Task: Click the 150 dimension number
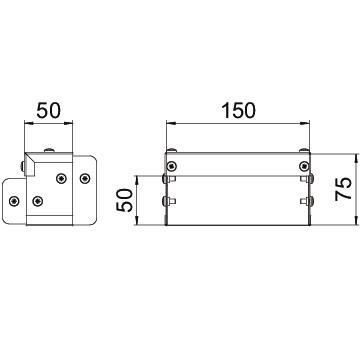(x=238, y=111)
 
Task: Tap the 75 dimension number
(x=344, y=189)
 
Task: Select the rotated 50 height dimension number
(x=124, y=200)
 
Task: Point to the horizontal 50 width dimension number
(x=49, y=111)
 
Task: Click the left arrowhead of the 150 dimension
(x=171, y=124)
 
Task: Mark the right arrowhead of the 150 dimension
(x=305, y=124)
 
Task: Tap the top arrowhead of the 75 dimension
(x=356, y=158)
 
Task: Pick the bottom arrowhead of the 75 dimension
(x=356, y=221)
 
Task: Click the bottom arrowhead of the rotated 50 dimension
(x=137, y=221)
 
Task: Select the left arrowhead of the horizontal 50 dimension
(x=29, y=124)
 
